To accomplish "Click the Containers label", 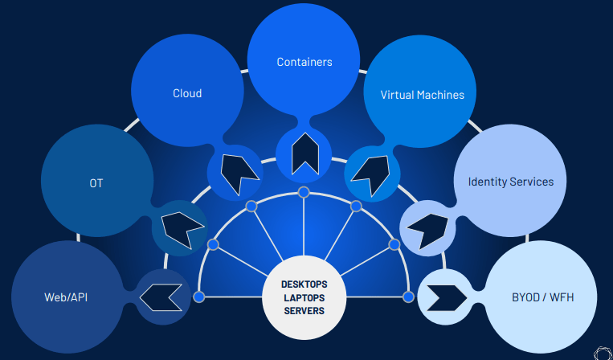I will tap(304, 62).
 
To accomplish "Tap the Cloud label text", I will tap(187, 93).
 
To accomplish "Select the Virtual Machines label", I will tap(423, 95).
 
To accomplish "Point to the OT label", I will tap(96, 183).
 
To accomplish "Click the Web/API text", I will tap(66, 298).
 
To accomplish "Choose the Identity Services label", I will tap(511, 182).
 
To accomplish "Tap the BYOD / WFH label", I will tap(543, 297).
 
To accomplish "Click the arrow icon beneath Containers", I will tap(304, 153).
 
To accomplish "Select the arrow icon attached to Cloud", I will tap(236, 171).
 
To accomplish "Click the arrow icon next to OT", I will tap(182, 228).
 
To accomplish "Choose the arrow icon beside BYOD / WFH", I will tap(444, 297).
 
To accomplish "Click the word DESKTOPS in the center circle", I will tap(304, 284).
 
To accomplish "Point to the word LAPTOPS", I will tap(304, 297).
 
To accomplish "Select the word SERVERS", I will tap(304, 310).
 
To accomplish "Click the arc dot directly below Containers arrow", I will tap(304, 192).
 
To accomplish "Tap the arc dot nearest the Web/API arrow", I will tap(199, 297).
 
